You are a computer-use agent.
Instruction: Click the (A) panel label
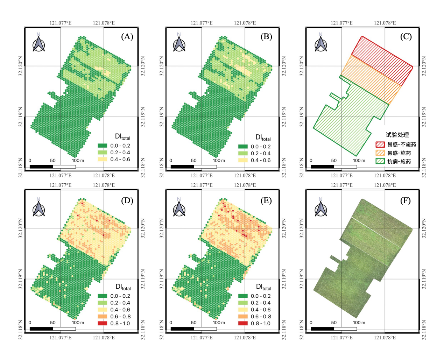(127, 37)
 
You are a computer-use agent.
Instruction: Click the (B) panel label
(266, 37)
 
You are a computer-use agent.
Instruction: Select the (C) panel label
(406, 37)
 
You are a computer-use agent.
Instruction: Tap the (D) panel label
(127, 200)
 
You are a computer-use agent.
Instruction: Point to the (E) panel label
(266, 200)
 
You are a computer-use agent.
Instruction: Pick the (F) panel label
(406, 200)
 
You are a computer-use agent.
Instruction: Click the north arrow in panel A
(38, 42)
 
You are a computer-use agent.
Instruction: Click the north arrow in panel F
(321, 207)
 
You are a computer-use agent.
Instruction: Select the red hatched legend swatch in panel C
(380, 144)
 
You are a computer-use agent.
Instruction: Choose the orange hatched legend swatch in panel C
(380, 153)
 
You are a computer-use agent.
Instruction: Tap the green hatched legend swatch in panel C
(380, 161)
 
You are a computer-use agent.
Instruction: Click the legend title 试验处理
(397, 135)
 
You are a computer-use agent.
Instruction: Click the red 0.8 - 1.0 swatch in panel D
(103, 323)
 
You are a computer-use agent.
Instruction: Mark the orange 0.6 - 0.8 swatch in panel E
(243, 317)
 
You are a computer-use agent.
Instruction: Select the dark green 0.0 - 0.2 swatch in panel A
(103, 146)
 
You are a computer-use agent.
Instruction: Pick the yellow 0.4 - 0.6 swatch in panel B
(243, 160)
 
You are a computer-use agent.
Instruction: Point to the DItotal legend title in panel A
(122, 137)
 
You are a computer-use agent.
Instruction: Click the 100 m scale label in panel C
(359, 161)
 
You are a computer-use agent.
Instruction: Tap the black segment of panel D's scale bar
(41, 329)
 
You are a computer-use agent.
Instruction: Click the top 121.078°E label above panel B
(245, 23)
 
